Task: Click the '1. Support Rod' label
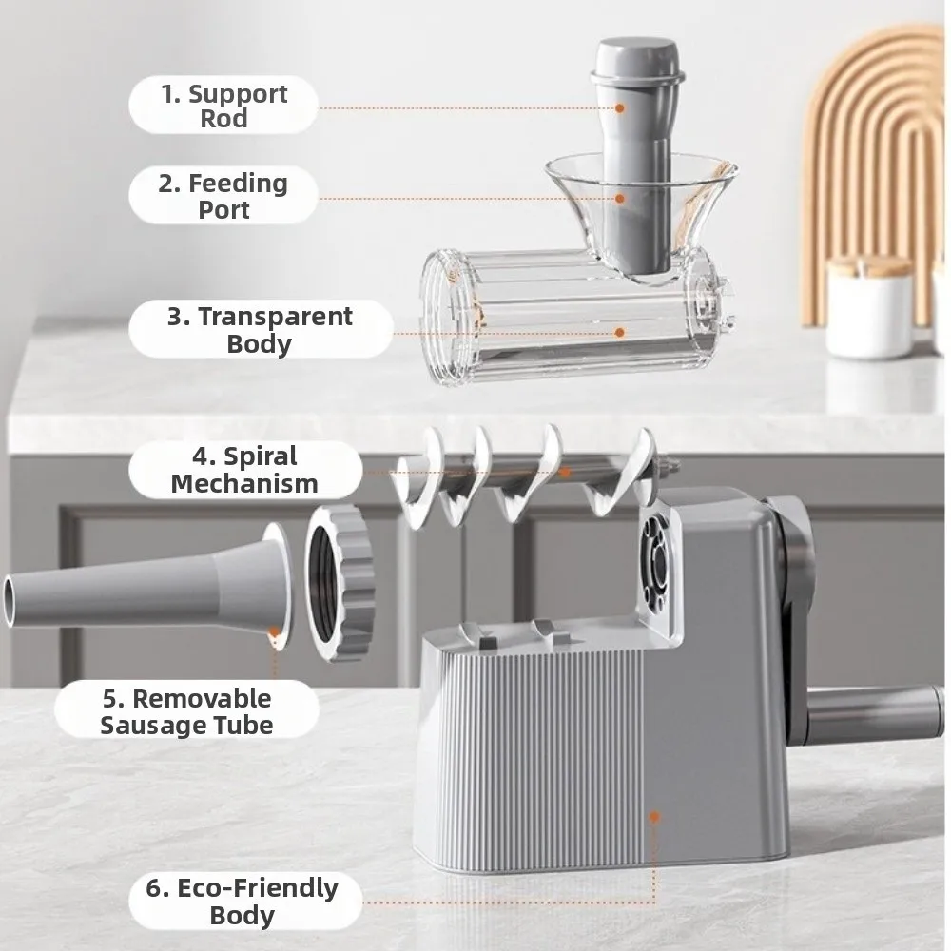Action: pos(223,107)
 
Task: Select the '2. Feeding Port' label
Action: pos(223,195)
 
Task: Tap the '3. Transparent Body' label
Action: pos(260,329)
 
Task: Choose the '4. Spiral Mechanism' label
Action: pos(244,470)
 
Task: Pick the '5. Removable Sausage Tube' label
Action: pos(187,711)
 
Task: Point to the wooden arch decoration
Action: pos(875,143)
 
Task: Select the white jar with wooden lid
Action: pos(870,304)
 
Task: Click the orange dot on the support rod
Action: pos(620,108)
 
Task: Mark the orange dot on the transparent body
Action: pos(620,332)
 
